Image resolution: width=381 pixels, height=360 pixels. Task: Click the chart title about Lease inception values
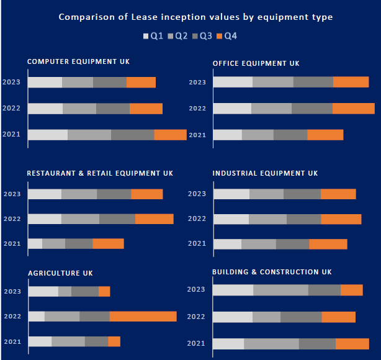pyautogui.click(x=195, y=17)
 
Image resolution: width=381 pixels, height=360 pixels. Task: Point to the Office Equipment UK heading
pyautogui.click(x=256, y=63)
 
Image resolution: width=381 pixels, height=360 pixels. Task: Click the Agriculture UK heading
pyautogui.click(x=60, y=273)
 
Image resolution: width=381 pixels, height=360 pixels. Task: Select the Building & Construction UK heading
pyautogui.click(x=272, y=272)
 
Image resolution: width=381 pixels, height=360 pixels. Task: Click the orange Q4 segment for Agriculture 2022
pyautogui.click(x=143, y=317)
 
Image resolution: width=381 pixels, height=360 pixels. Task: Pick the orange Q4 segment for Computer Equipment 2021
pyautogui.click(x=170, y=135)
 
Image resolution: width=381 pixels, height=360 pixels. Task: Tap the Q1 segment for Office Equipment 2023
pyautogui.click(x=233, y=82)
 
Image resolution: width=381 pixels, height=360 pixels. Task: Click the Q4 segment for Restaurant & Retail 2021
pyautogui.click(x=108, y=243)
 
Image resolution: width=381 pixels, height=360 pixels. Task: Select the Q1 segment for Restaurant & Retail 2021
pyautogui.click(x=35, y=243)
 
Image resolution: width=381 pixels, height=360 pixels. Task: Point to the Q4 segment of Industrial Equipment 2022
pyautogui.click(x=341, y=218)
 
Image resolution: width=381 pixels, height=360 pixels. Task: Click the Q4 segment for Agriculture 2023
pyautogui.click(x=104, y=291)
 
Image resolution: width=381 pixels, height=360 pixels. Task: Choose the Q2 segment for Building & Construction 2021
pyautogui.click(x=271, y=344)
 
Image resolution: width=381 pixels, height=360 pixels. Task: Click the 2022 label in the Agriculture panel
pyautogui.click(x=12, y=317)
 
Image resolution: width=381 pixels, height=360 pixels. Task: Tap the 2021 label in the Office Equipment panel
pyautogui.click(x=197, y=135)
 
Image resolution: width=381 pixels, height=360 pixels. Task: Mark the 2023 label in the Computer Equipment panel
pyautogui.click(x=12, y=82)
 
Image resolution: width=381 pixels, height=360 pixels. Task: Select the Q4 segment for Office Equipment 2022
pyautogui.click(x=353, y=109)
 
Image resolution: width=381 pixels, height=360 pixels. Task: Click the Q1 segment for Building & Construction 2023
pyautogui.click(x=233, y=290)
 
